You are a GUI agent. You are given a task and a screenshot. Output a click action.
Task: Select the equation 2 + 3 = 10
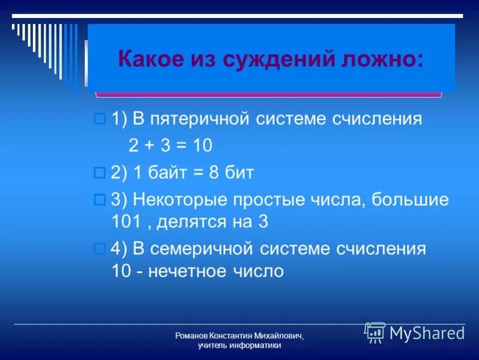tap(171, 146)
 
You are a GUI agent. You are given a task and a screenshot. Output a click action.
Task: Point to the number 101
tap(125, 222)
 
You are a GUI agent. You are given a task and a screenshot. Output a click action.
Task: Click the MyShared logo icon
tap(375, 332)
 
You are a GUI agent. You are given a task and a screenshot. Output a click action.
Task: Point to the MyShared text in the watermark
tap(427, 333)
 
